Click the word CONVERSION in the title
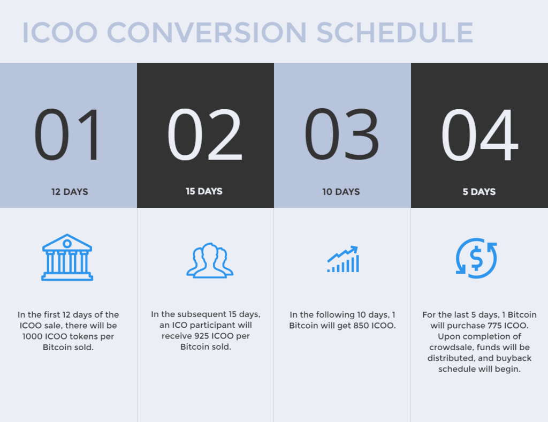coord(207,33)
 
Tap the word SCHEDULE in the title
coord(395,33)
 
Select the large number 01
coord(66,134)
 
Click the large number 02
coord(204,134)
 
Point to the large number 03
coord(341,134)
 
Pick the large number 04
coord(479,134)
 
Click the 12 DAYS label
coord(70,192)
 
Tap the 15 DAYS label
coord(204,191)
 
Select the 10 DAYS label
coord(341,192)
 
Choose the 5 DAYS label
coord(479,192)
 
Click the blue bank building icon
coord(67,258)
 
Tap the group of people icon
coord(210,260)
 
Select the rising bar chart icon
coord(343,259)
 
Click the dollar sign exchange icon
coord(476,258)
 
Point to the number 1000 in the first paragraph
coord(32,336)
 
